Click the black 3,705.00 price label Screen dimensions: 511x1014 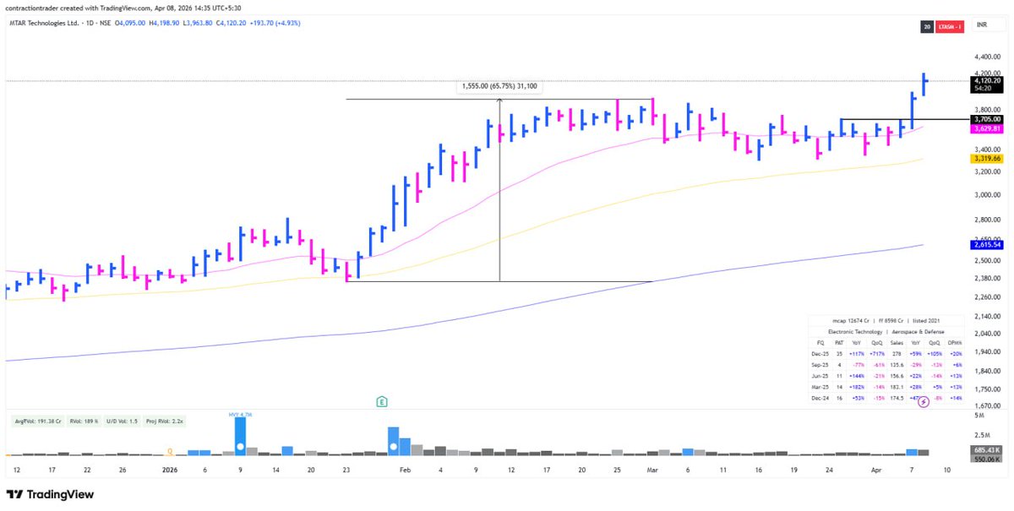(985, 119)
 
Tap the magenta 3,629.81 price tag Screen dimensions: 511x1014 (985, 128)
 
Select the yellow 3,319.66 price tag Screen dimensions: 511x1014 (985, 158)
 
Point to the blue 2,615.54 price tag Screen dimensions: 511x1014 (985, 244)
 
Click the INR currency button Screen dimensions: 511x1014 (982, 27)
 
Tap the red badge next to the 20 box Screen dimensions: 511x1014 (951, 27)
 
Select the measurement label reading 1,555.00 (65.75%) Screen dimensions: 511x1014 (499, 86)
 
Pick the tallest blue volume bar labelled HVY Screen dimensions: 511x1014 (240, 436)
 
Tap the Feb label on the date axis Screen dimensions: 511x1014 (405, 469)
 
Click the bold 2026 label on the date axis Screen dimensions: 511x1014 (171, 469)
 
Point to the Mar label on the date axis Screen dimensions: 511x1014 (651, 469)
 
